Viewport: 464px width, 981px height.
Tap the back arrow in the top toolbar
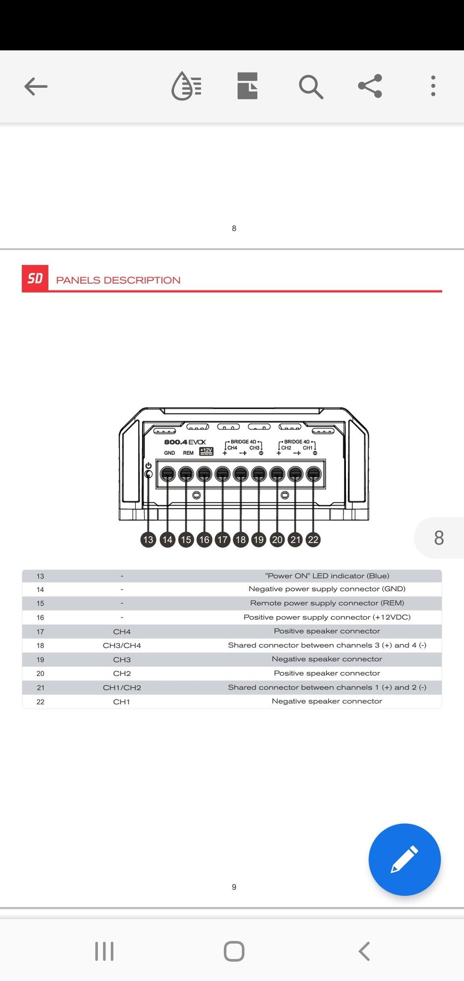(36, 86)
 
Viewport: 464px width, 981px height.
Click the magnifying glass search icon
(311, 87)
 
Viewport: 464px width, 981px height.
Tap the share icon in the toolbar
(370, 86)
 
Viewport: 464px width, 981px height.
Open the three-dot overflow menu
(433, 86)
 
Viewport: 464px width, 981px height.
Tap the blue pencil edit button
(404, 859)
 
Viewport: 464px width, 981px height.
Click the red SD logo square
(35, 279)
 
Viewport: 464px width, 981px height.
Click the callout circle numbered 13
(148, 540)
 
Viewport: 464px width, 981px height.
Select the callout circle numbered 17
(222, 540)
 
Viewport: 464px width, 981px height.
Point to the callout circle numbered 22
(313, 540)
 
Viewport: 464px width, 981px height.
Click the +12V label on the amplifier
(206, 451)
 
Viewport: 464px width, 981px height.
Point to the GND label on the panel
(170, 453)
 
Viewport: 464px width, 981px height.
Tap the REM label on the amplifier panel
(188, 453)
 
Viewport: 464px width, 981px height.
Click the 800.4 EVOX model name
(185, 442)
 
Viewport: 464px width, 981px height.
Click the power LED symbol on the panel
(148, 465)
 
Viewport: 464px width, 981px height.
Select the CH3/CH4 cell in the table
(122, 645)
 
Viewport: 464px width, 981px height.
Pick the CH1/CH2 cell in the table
(122, 688)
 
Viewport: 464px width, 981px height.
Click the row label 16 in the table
(40, 618)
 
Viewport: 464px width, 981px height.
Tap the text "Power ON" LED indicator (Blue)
(327, 576)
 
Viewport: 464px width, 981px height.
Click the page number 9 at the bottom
(234, 887)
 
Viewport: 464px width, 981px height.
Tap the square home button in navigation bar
(234, 952)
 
